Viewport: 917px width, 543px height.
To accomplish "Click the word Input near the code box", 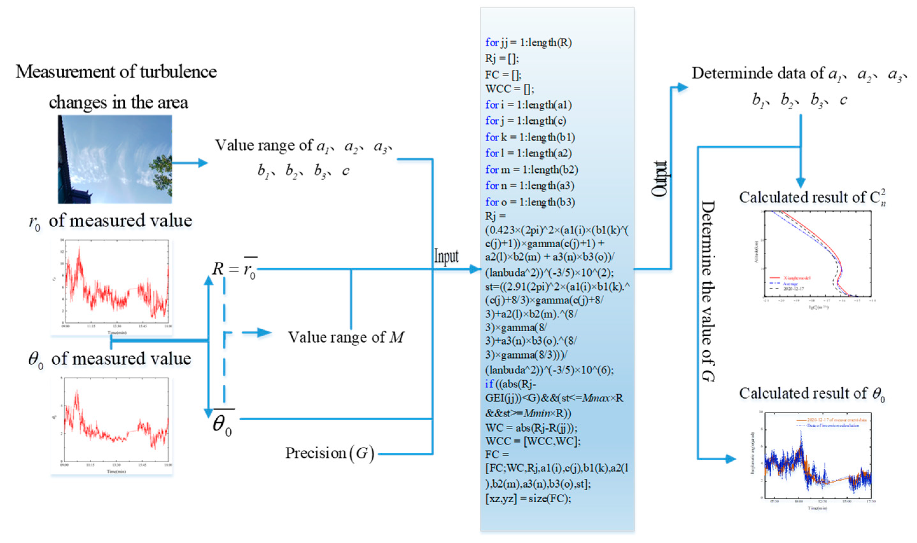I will (446, 256).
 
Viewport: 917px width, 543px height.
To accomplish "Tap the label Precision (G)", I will (330, 453).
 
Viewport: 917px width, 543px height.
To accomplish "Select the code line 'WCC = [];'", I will (510, 89).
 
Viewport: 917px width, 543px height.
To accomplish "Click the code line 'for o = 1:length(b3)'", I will (530, 202).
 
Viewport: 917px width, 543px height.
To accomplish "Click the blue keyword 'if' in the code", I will (489, 384).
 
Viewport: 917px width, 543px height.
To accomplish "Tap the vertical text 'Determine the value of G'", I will (708, 291).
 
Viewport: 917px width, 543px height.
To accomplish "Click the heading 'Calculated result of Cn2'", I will (812, 198).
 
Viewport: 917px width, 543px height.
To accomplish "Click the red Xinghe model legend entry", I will (791, 278).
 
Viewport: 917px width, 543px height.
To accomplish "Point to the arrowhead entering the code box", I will (475, 269).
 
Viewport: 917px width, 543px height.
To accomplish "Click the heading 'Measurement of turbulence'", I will (116, 72).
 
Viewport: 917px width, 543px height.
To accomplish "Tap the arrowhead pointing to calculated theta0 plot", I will (730, 459).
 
